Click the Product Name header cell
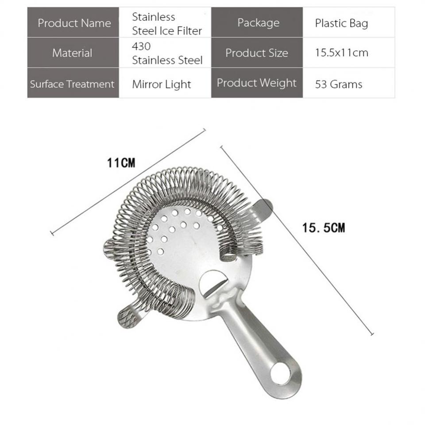tap(73, 23)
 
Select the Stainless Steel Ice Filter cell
tap(165, 23)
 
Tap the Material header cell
tap(73, 53)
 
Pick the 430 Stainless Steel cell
tap(165, 53)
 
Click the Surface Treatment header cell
tap(73, 83)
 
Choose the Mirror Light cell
tap(165, 83)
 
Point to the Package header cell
tap(257, 23)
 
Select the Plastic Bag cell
tap(349, 23)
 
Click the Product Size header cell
tap(257, 53)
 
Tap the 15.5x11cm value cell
tap(349, 53)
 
